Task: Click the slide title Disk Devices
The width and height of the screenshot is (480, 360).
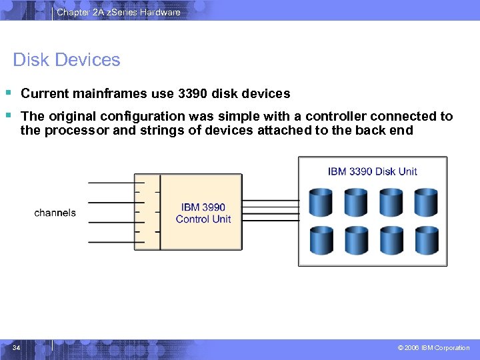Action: tap(67, 60)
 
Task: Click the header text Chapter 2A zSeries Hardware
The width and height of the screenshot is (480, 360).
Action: tap(118, 12)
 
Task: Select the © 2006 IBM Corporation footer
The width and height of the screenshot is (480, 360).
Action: tap(433, 347)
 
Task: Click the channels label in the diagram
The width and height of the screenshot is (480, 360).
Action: tap(55, 213)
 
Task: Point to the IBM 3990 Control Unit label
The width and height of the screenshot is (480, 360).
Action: tap(203, 213)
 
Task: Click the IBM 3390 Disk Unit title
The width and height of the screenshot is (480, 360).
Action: tap(372, 171)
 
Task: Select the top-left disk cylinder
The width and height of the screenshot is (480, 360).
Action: tap(321, 202)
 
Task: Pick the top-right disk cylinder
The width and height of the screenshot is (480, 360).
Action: tap(425, 202)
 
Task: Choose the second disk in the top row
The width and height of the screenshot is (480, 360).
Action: tap(356, 202)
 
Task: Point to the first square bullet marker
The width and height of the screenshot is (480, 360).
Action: tap(9, 93)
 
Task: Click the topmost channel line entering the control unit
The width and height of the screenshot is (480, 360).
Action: tap(111, 182)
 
